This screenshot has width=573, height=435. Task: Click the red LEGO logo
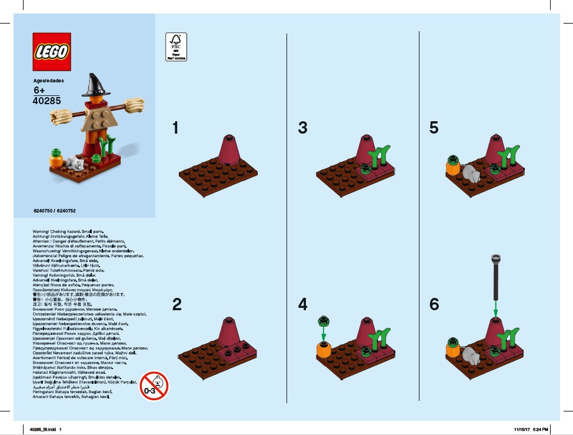coord(52,52)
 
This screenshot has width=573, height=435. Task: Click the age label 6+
coord(39,90)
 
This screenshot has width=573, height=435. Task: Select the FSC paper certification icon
coord(176,47)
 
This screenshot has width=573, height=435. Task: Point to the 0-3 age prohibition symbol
coord(154,385)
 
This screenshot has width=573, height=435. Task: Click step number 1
coord(175,128)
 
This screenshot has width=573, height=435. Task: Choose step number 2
coord(176,304)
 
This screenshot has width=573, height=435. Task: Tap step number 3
coord(302,128)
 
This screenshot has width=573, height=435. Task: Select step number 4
coord(302,304)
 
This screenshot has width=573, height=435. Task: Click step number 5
coord(434,128)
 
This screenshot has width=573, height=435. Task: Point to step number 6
coord(434,304)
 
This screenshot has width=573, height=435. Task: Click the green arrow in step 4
coord(322,333)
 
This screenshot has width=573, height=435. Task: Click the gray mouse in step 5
coord(469,172)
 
